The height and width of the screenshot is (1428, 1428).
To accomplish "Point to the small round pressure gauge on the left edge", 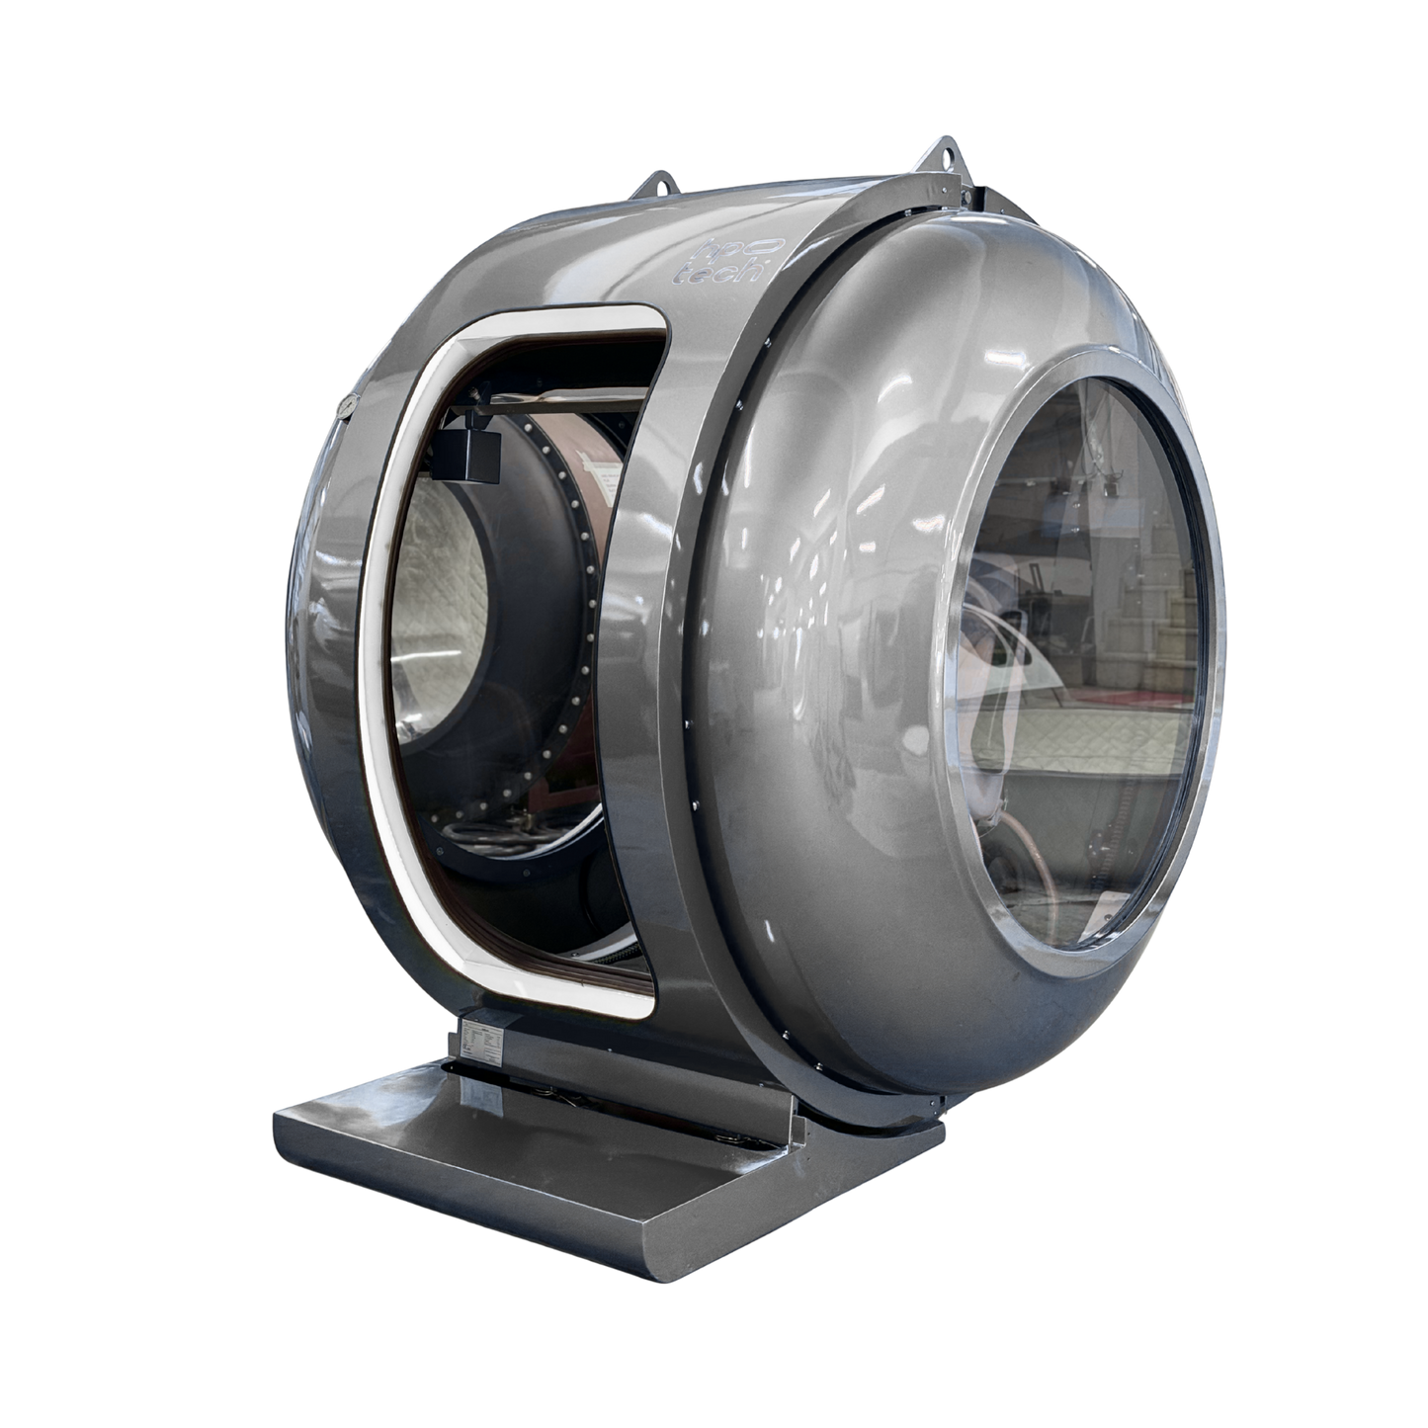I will click(345, 405).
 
